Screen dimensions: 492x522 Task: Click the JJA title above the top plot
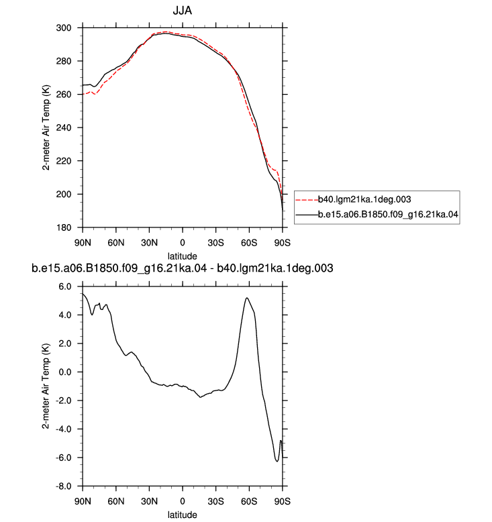click(x=182, y=11)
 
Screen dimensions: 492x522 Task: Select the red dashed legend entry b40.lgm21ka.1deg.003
click(x=354, y=199)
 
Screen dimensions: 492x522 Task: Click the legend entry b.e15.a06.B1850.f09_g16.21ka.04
click(x=377, y=215)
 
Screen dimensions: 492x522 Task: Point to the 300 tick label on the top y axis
click(x=64, y=28)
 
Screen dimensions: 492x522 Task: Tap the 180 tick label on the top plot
click(x=64, y=227)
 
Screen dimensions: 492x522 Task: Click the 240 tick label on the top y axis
click(x=64, y=128)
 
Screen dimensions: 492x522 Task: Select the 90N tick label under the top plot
click(x=83, y=243)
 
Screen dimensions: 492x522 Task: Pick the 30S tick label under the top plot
click(x=216, y=243)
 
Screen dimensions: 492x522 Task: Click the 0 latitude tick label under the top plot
click(x=183, y=243)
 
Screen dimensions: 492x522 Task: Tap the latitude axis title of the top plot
click(x=182, y=256)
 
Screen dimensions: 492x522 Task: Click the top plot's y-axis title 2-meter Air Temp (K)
click(x=46, y=128)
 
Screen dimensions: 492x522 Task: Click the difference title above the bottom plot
click(x=182, y=268)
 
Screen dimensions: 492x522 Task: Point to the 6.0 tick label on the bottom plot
click(x=65, y=286)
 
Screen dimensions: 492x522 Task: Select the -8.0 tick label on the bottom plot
click(x=63, y=486)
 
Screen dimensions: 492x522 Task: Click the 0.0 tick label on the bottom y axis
click(x=65, y=372)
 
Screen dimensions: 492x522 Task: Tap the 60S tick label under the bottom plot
click(x=249, y=501)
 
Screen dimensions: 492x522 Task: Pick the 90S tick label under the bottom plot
click(x=283, y=501)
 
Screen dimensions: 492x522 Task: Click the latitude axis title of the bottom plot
click(x=182, y=515)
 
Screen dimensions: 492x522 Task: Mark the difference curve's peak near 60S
click(x=247, y=298)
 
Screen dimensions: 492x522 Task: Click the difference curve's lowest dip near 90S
click(x=277, y=462)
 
